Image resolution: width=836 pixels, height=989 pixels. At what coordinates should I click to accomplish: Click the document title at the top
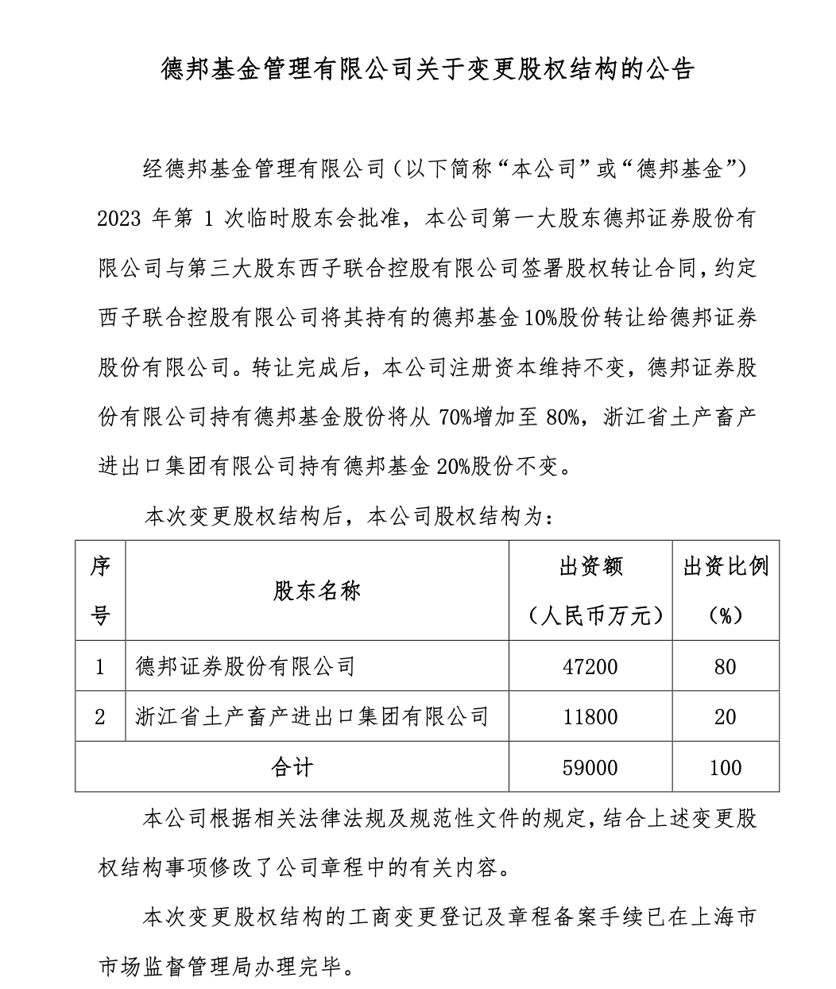point(428,70)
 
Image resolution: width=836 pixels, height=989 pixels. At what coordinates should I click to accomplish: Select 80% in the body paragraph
point(563,417)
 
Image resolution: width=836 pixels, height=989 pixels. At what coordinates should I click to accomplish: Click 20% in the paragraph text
point(455,467)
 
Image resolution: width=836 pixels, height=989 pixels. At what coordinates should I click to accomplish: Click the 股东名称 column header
point(317,591)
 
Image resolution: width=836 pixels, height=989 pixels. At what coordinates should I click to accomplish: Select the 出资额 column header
point(590,567)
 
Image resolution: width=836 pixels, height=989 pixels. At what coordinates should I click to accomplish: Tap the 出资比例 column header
point(726,567)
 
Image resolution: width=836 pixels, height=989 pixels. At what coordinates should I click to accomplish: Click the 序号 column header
point(100,591)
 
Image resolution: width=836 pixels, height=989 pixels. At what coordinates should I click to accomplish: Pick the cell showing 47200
point(590,666)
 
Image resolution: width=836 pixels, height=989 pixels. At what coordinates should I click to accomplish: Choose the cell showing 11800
point(590,717)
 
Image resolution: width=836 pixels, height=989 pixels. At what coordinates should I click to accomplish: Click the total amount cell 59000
point(590,767)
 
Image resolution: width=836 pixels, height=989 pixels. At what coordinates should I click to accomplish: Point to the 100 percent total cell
point(725,767)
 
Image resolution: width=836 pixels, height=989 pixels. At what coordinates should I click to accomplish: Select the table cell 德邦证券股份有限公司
point(245,666)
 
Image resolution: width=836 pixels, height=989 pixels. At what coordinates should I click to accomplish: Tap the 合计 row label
point(292,767)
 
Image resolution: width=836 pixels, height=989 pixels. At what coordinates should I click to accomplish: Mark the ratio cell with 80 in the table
point(725,666)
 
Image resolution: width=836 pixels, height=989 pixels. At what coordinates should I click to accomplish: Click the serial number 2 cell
point(100,717)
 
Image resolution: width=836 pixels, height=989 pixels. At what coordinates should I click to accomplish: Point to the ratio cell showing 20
point(725,717)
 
